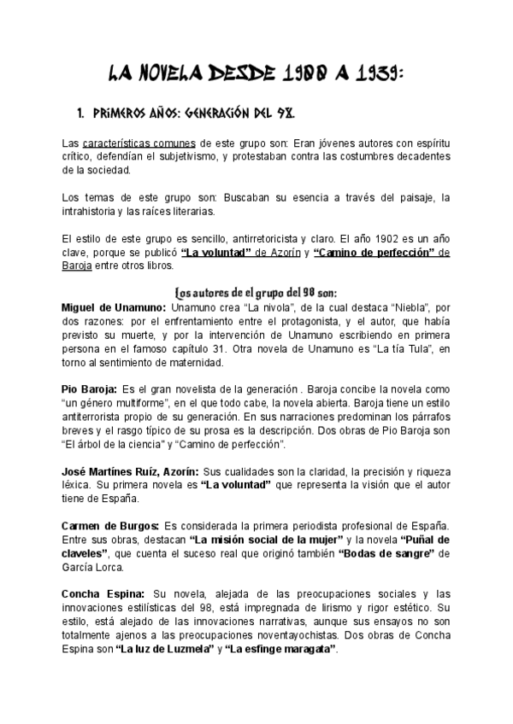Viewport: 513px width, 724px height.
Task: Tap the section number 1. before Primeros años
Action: pyautogui.click(x=82, y=113)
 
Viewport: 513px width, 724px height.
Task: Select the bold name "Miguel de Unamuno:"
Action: pyautogui.click(x=115, y=306)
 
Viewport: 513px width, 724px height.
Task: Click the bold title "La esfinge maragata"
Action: pyautogui.click(x=281, y=650)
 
